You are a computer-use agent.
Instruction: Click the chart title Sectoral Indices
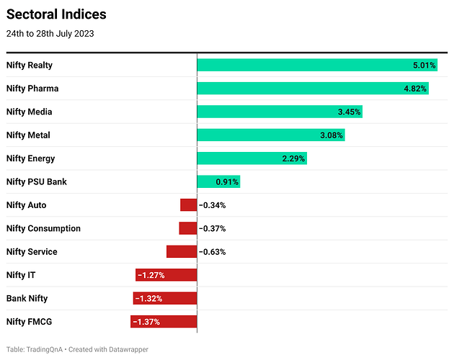click(x=56, y=14)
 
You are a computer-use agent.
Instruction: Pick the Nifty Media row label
click(x=29, y=112)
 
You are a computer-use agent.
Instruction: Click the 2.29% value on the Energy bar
click(x=293, y=158)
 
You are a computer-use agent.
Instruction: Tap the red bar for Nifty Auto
click(x=188, y=205)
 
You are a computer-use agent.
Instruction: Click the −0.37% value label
click(x=213, y=228)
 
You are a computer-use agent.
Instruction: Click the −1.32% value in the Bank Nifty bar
click(x=148, y=298)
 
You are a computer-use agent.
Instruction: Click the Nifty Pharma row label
click(x=32, y=89)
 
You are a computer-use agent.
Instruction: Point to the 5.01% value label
click(x=424, y=66)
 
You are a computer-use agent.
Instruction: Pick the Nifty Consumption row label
click(x=43, y=228)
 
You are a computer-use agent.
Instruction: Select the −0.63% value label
click(x=213, y=252)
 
